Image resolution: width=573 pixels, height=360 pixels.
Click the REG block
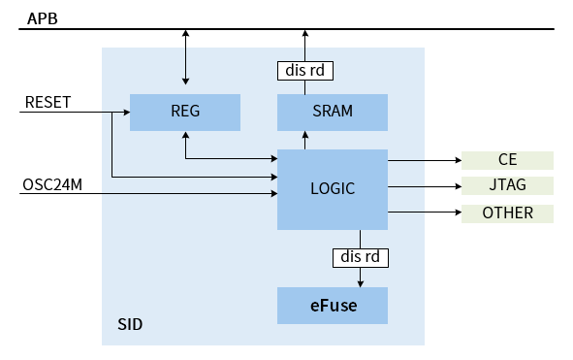[184, 112]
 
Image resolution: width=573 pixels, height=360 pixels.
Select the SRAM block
[333, 112]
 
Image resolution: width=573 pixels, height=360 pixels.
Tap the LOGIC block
[333, 189]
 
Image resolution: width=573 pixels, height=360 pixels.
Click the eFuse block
[333, 306]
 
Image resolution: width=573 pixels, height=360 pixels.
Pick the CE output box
[507, 160]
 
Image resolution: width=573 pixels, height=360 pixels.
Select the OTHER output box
[507, 213]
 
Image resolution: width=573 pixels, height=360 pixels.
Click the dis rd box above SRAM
[305, 70]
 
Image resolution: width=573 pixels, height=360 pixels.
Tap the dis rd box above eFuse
[361, 258]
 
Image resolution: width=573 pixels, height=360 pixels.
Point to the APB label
[43, 18]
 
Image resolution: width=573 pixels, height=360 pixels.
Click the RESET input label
[48, 103]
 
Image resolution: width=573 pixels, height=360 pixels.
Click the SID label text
[130, 324]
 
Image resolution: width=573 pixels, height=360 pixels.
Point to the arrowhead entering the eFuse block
[361, 282]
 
